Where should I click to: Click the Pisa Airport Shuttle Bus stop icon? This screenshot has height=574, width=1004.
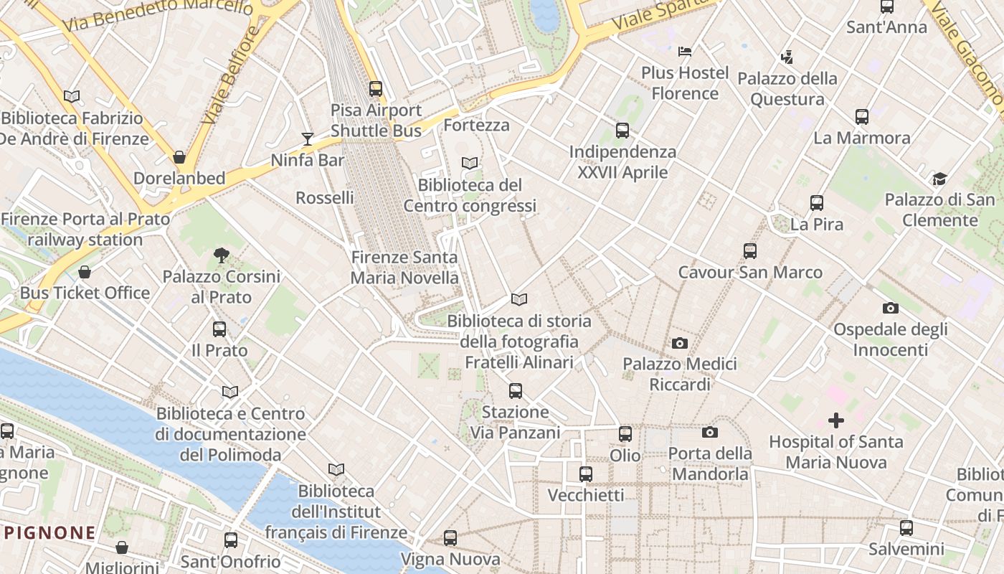[376, 89]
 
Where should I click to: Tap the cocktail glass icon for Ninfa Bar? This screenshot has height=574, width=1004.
[308, 138]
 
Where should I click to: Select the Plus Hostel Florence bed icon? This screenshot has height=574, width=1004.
[685, 52]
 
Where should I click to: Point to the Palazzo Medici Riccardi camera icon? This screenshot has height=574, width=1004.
[680, 344]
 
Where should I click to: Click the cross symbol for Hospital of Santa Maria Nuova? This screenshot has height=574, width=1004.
[835, 420]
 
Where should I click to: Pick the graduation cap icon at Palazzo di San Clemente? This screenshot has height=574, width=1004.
[939, 179]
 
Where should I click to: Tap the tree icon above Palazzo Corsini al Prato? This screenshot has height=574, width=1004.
[222, 255]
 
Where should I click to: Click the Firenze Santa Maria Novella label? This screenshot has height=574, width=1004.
[404, 268]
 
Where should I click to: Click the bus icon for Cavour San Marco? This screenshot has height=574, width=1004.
[750, 251]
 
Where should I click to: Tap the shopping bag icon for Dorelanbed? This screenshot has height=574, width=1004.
[179, 157]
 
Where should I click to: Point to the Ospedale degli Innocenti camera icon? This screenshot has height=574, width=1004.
[890, 309]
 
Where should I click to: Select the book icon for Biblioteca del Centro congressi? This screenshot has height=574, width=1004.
[470, 164]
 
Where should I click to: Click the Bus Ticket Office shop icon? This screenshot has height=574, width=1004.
[85, 272]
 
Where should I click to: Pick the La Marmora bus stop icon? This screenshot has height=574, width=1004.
[862, 116]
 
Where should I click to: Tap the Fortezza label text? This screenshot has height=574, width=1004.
[476, 126]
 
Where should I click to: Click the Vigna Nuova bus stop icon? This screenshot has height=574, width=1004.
[450, 538]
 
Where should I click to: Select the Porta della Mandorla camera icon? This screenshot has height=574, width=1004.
[710, 432]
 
